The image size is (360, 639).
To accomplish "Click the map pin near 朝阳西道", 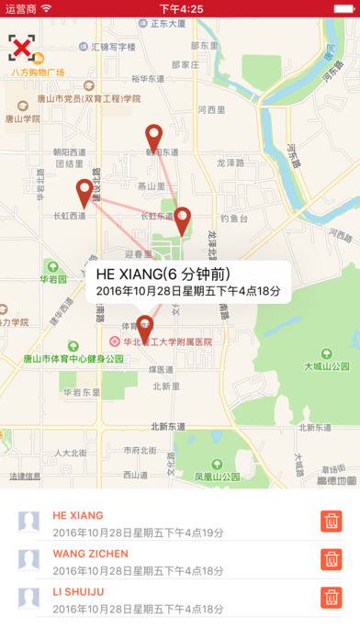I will pos(154,136).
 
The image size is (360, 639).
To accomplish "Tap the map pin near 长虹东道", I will pos(182,219).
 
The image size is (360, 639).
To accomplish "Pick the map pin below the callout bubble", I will pos(145,326).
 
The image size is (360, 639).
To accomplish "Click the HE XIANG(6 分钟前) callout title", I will pos(163,275).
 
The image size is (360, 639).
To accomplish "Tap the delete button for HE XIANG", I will pos(331,521).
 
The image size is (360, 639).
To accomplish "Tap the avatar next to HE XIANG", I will pos(29,522).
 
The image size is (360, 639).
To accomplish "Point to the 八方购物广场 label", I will pos(38,72).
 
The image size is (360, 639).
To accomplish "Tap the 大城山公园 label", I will pos(327,365).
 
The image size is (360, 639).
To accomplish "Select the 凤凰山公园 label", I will pos(217,477).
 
